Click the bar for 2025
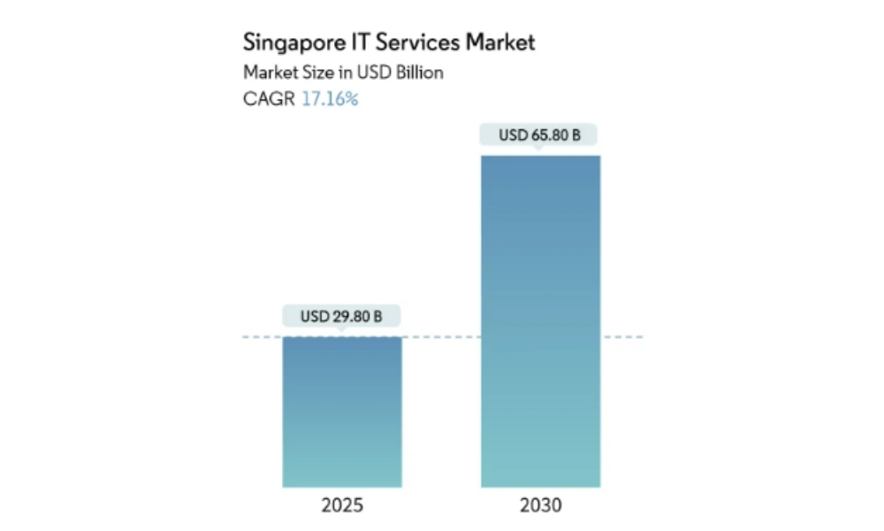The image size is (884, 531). click(342, 412)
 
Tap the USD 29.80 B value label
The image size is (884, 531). click(342, 315)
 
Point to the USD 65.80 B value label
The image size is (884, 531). click(539, 135)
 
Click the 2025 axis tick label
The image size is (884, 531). click(342, 506)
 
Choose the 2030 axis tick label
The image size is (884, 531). click(540, 506)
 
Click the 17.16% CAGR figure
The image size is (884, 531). click(330, 98)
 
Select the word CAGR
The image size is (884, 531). click(269, 98)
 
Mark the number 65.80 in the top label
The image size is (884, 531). click(546, 135)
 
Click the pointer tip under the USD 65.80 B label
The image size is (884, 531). click(539, 150)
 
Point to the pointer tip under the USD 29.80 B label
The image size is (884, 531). click(342, 330)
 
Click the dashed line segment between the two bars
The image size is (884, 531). click(441, 337)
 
